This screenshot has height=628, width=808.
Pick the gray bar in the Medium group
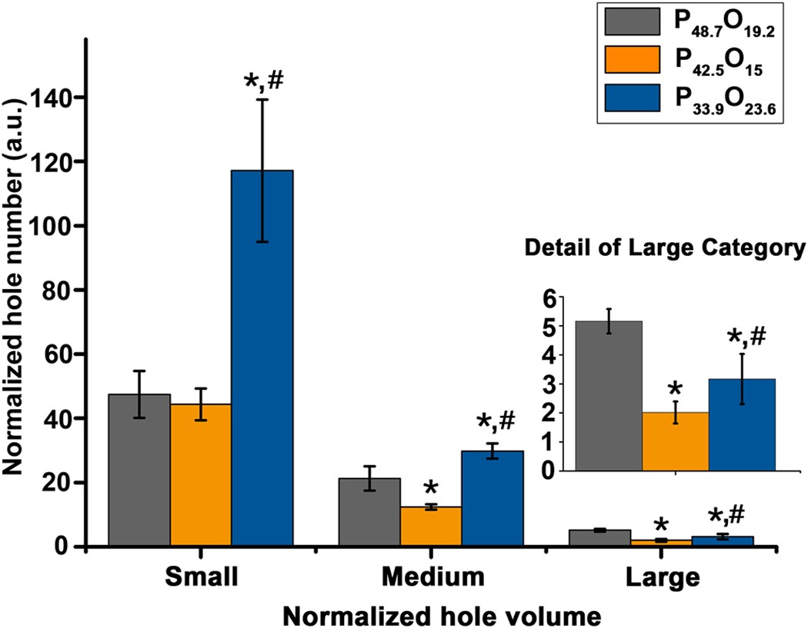pyautogui.click(x=369, y=512)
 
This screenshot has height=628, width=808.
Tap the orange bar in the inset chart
pyautogui.click(x=675, y=441)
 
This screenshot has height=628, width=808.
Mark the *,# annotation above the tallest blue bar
pyautogui.click(x=262, y=82)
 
